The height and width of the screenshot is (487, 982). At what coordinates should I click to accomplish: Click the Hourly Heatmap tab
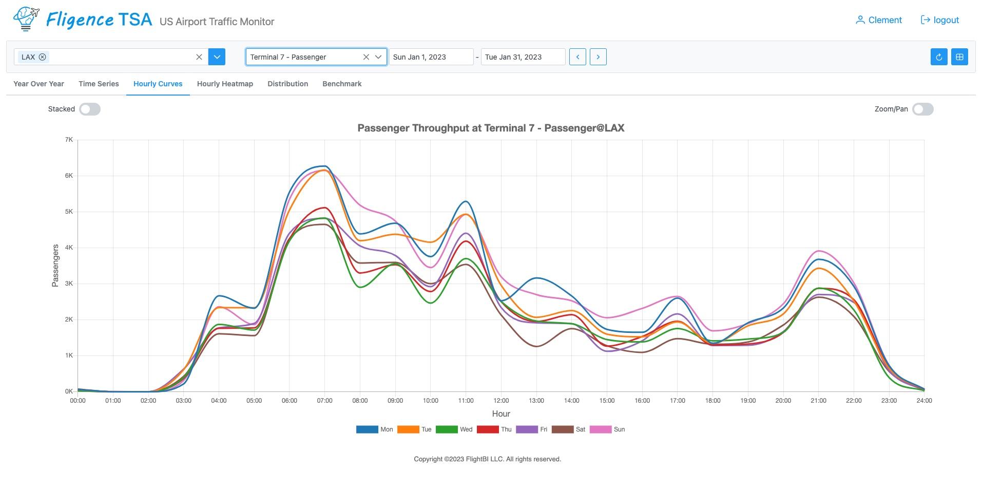coord(225,84)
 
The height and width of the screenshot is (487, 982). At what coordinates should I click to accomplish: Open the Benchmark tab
coord(342,84)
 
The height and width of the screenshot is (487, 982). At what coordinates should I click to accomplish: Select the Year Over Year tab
coord(38,84)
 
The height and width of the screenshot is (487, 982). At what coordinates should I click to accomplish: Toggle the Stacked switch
coord(90,109)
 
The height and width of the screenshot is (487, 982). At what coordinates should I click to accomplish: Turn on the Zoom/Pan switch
coord(922,109)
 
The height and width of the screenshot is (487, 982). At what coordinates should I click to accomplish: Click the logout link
coord(940,20)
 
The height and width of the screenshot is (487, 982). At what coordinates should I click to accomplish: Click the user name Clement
coord(878,20)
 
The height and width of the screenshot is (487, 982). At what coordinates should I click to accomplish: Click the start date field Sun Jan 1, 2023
coord(430,57)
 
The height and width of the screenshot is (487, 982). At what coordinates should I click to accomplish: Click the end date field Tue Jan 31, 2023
coord(523,57)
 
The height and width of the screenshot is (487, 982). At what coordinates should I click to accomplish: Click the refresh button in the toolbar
coord(939,57)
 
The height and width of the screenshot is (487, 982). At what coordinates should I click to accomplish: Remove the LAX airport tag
coord(43,57)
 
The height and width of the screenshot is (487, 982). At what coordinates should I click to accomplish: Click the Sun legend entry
coord(607,429)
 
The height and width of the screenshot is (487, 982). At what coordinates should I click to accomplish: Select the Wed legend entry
coord(454,429)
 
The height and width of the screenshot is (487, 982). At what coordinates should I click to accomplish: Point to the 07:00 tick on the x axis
coord(324,401)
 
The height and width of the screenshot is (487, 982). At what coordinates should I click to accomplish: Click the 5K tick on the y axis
coord(69,212)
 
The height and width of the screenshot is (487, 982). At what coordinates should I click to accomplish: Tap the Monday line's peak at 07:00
coord(324,166)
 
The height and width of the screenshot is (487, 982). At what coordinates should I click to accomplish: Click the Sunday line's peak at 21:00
coord(818,251)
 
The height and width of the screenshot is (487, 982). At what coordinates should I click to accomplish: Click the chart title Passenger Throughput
coord(491,128)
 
